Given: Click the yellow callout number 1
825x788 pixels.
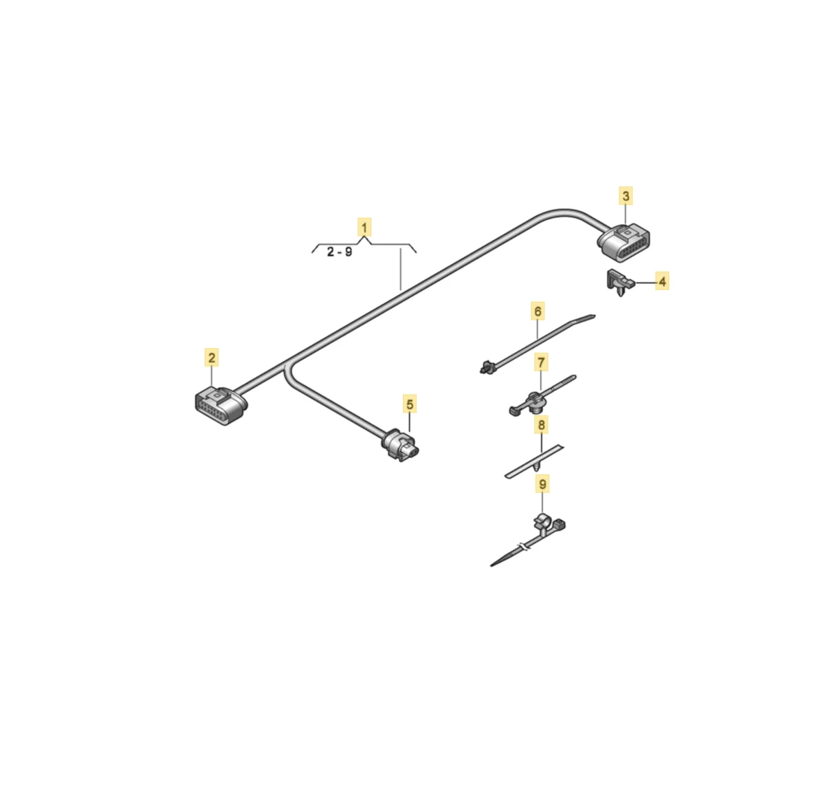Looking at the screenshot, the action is tap(364, 228).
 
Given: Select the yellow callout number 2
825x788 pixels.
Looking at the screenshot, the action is tap(212, 357).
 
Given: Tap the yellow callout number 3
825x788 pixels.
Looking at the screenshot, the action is tap(626, 196).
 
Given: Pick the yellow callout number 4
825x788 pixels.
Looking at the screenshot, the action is tap(662, 281).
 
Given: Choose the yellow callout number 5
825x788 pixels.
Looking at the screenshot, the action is tap(410, 404).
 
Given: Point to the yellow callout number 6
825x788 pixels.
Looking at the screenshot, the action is tap(538, 311).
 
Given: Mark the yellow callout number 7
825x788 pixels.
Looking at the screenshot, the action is tap(541, 362).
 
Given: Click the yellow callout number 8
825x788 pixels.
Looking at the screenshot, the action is tap(541, 424).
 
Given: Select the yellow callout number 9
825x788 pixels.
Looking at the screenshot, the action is tap(542, 483).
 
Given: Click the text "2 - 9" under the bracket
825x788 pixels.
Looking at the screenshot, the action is tap(339, 252).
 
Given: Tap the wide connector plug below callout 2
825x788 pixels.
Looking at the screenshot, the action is tap(221, 406).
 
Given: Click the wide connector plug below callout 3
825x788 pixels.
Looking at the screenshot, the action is tap(623, 243).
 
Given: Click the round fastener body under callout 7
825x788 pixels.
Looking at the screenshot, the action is tap(535, 402).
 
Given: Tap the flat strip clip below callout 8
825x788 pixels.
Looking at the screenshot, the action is tap(534, 461).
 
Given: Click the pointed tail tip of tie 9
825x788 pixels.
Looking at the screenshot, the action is tap(492, 566).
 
